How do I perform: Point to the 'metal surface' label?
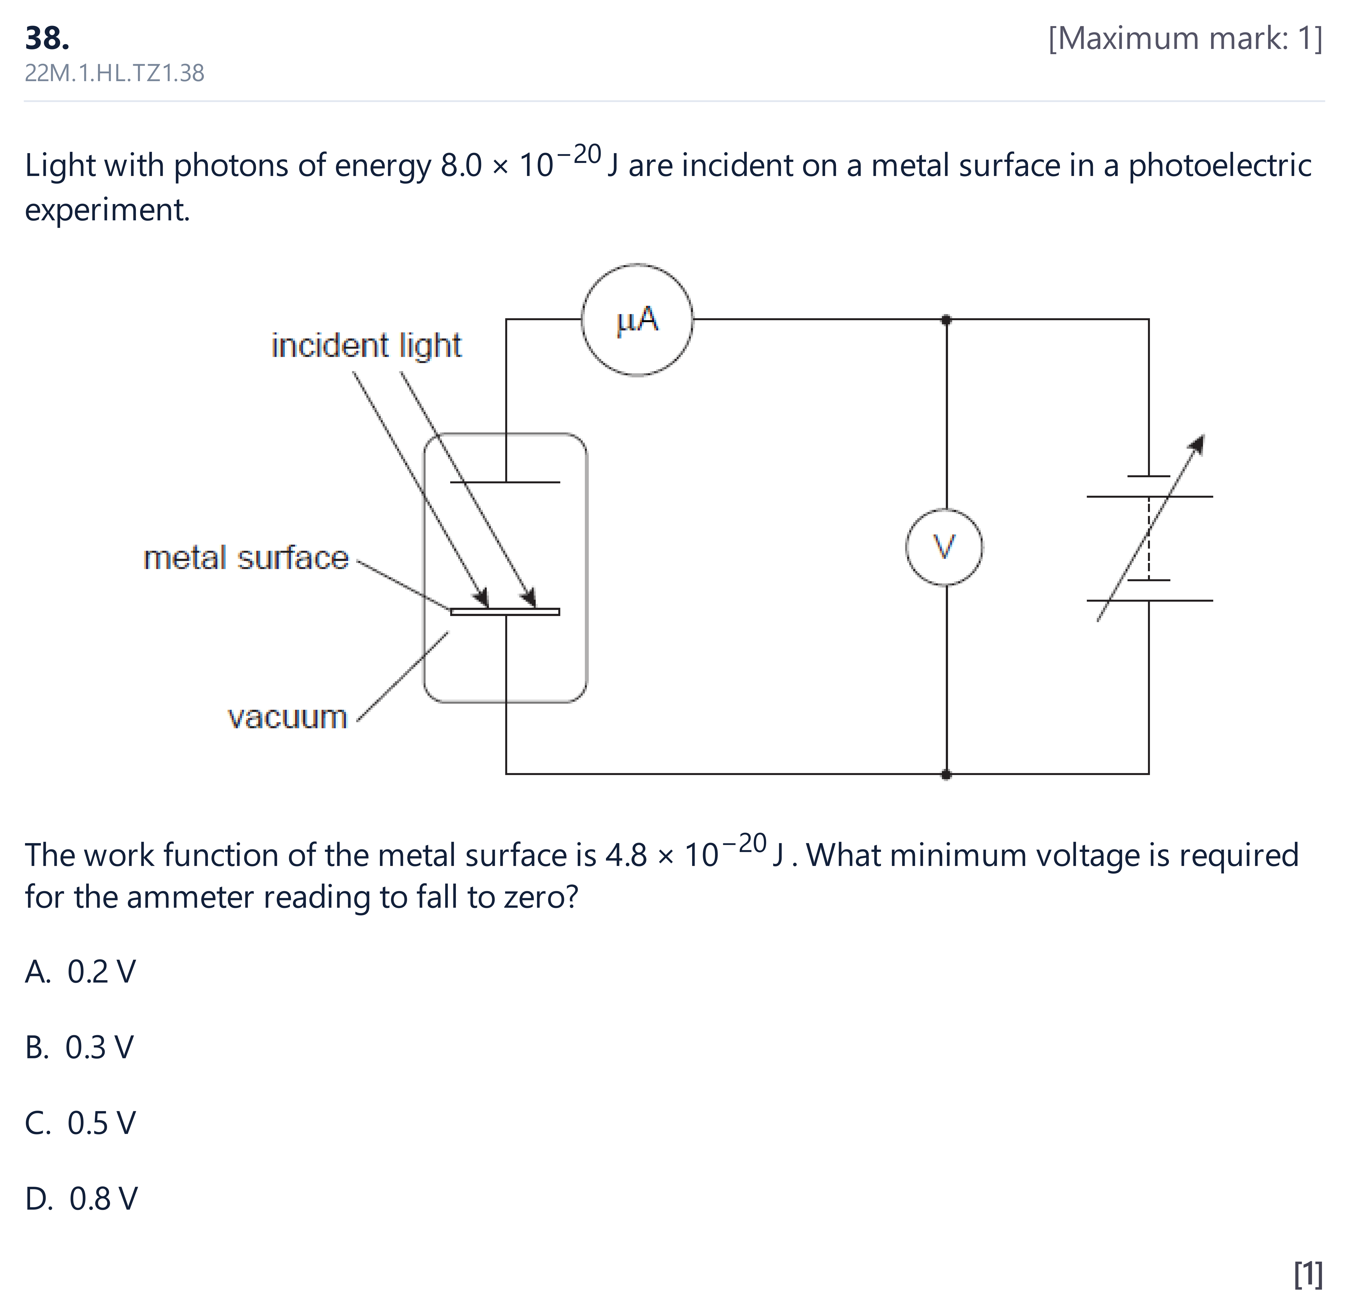coord(246,558)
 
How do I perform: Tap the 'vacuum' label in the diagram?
coord(287,717)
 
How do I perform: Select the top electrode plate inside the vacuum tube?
coord(505,482)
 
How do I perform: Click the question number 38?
coord(47,38)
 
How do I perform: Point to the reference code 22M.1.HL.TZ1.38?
coord(115,73)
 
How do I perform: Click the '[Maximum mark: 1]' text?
coord(1185,39)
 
